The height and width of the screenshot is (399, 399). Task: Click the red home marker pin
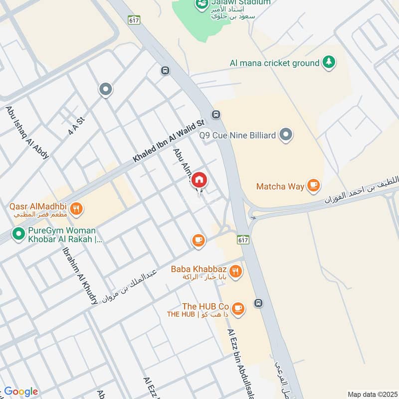pos(199,180)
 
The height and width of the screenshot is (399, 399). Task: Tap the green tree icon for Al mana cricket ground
pos(328,62)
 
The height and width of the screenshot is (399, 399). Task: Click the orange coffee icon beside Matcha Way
pos(313,186)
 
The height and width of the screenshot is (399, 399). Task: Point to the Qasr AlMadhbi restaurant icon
pos(76,208)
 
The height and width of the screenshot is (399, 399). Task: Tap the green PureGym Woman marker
pos(18,233)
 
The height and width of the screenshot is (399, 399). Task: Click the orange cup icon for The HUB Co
pos(238,308)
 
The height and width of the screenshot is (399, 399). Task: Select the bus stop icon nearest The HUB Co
pos(258,303)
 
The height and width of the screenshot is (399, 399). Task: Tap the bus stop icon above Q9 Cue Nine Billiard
pos(215,114)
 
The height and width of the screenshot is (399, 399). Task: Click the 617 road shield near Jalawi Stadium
pos(133,20)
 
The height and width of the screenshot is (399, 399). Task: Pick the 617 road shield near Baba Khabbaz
pos(243,239)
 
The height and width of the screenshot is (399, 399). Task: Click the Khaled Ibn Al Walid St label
pos(169,141)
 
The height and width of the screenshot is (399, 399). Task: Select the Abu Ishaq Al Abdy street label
pos(27,132)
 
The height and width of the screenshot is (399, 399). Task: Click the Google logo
pos(20,392)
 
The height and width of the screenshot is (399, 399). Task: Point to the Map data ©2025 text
pos(372,394)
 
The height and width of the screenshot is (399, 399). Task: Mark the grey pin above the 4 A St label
pos(106,90)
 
